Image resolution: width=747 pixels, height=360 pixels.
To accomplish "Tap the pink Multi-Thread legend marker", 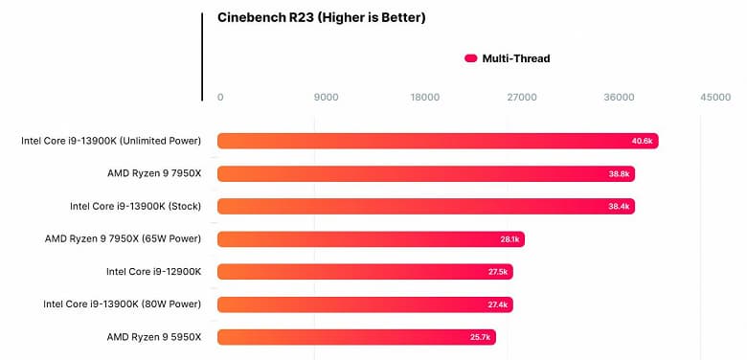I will click(x=470, y=58).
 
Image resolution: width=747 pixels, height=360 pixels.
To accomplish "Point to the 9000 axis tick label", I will click(x=327, y=97).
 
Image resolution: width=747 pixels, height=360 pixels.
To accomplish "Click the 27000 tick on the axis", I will click(x=521, y=97).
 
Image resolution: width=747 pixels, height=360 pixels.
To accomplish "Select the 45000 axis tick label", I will click(x=714, y=97).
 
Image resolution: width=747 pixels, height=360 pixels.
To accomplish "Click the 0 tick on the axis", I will click(x=220, y=97).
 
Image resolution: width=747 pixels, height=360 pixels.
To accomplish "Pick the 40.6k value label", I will click(x=642, y=142).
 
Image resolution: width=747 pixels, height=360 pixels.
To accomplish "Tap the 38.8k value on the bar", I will click(x=619, y=174).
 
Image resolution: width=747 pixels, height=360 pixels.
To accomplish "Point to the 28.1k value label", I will click(x=509, y=239).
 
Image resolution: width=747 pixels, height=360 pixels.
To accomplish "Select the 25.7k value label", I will click(x=480, y=337).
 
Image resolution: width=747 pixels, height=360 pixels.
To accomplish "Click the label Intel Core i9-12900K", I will click(x=153, y=272).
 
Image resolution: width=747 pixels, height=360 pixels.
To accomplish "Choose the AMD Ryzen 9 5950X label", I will click(x=154, y=337).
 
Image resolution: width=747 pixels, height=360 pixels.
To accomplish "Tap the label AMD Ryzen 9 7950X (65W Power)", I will click(x=123, y=239).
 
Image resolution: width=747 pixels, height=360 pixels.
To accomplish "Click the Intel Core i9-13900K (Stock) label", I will click(x=135, y=207).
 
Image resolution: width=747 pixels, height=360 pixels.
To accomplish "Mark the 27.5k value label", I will click(x=497, y=272).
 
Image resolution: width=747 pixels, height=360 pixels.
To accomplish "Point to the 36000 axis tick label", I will click(x=619, y=97).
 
